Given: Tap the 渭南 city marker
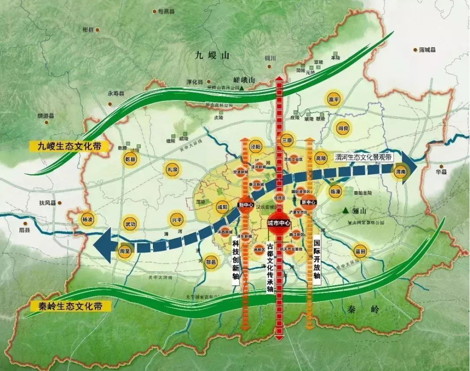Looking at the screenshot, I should pyautogui.click(x=400, y=173).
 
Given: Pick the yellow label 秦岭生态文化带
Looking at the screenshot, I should pyautogui.click(x=70, y=306).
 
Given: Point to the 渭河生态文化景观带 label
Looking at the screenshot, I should pyautogui.click(x=363, y=157).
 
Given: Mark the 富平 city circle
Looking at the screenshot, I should pyautogui.click(x=334, y=99).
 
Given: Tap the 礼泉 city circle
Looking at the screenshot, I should pyautogui.click(x=172, y=169).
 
